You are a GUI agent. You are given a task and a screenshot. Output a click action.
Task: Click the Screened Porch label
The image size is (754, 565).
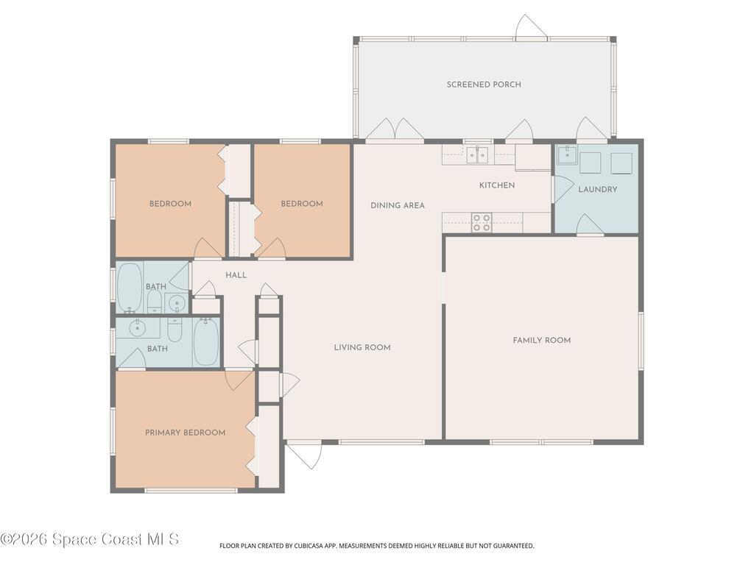click(483, 85)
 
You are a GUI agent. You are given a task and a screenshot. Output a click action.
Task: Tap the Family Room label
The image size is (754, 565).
click(541, 340)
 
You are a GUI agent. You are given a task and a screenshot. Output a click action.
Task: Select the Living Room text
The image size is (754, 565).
click(362, 347)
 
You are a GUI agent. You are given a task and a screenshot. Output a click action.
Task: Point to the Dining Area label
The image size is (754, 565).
click(397, 206)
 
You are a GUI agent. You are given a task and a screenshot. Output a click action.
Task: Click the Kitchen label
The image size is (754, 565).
click(497, 185)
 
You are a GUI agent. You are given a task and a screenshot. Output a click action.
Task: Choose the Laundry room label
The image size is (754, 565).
click(597, 189)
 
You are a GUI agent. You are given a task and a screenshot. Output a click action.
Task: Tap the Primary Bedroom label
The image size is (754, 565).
click(185, 433)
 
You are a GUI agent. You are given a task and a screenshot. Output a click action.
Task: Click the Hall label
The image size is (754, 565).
click(236, 275)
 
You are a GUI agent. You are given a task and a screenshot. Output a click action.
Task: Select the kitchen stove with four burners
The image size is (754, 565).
click(482, 222)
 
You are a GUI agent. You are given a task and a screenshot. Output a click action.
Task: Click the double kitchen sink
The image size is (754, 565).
click(477, 154)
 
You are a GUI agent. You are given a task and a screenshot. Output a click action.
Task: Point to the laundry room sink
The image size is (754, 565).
click(567, 154)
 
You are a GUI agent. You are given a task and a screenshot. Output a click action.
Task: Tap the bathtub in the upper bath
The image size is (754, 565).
click(130, 288)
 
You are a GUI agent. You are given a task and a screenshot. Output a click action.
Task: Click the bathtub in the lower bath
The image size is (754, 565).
click(206, 341)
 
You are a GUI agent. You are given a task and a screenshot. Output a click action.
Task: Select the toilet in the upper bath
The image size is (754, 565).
click(155, 302)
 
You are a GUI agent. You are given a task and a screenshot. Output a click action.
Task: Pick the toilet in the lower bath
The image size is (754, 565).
click(175, 329)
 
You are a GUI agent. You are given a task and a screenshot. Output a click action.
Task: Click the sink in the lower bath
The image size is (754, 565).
click(138, 327)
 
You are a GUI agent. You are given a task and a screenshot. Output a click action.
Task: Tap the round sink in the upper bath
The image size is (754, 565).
click(177, 303)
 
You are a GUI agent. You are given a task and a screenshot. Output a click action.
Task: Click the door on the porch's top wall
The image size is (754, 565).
click(531, 28)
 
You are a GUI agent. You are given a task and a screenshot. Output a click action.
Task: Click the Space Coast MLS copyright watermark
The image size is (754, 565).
click(90, 539)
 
